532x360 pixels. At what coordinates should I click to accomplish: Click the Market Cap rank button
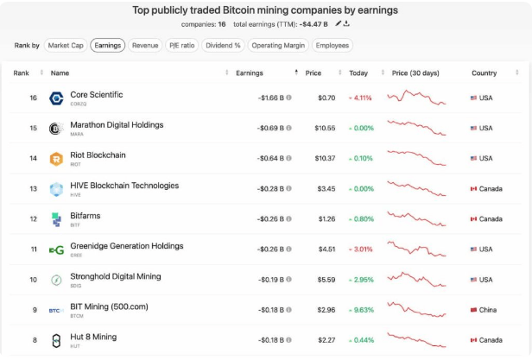coord(65,45)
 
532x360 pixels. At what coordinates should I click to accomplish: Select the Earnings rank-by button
coord(107,45)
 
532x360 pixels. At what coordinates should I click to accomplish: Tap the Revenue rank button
coord(145,45)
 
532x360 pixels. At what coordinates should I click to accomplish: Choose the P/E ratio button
coord(181,45)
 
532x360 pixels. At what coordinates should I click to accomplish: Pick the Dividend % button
coord(223,45)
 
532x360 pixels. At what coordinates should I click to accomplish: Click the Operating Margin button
coord(278,45)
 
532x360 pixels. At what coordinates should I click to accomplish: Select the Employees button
coord(332,45)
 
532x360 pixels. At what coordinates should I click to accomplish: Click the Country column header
coord(484,73)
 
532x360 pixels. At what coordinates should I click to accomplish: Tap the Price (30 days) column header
coord(416,73)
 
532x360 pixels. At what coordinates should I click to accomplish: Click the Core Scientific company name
coord(97,95)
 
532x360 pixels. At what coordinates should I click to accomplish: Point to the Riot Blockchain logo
coord(56,158)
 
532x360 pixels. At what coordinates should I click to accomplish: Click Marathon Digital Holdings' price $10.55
coord(325,128)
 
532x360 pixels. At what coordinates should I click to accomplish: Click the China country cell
coord(484,309)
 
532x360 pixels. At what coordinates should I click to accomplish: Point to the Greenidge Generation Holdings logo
coord(56,249)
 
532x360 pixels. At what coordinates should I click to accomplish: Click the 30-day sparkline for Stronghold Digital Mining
coord(416,279)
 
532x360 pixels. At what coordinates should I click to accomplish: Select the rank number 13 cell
coord(33,188)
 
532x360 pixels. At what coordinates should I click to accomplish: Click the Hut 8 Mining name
coord(93,337)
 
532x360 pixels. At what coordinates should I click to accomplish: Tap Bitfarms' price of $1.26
coord(325,218)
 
